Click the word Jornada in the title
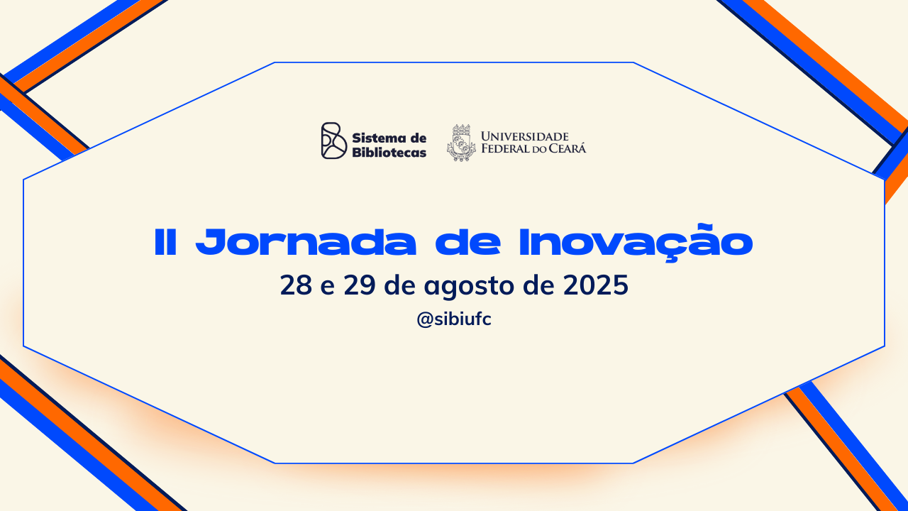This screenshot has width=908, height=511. (x=306, y=242)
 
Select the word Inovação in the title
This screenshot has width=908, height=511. (x=636, y=242)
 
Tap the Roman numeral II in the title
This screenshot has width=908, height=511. (x=165, y=242)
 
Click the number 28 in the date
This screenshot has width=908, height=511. (x=296, y=285)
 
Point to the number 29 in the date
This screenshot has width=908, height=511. (x=360, y=285)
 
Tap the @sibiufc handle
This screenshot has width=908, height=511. (x=454, y=319)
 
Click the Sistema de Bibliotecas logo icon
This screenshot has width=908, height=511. (x=334, y=141)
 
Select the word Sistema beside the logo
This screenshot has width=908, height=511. (x=380, y=138)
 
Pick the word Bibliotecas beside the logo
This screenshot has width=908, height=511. (x=389, y=153)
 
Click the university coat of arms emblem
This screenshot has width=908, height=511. (x=461, y=143)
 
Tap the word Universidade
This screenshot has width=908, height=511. (x=525, y=136)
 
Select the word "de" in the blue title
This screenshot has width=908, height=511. (x=468, y=242)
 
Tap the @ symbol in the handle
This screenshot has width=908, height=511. (x=425, y=319)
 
